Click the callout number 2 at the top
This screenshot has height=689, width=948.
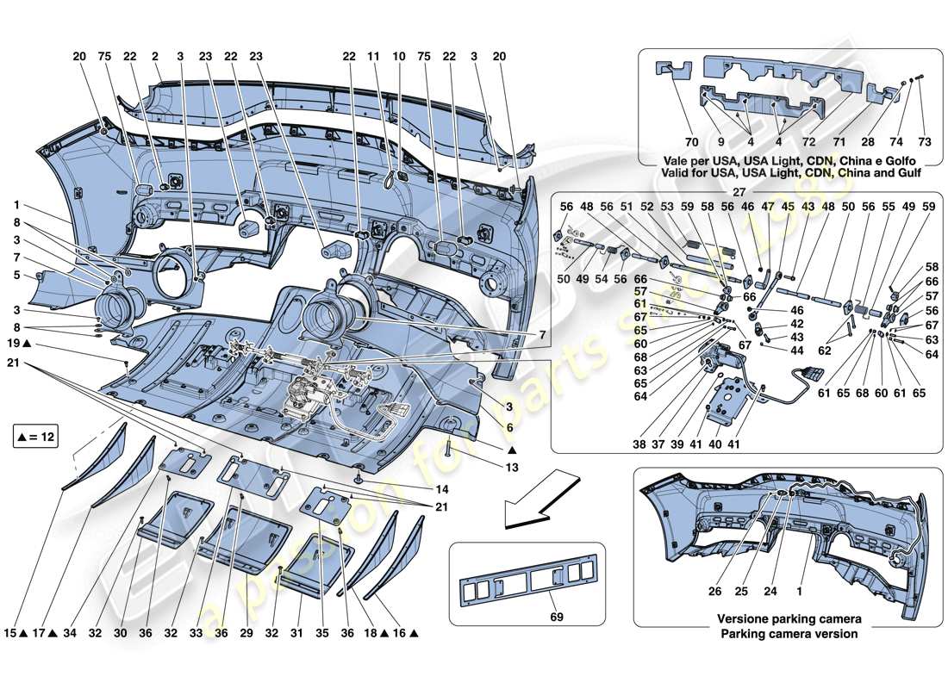(x=155, y=56)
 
